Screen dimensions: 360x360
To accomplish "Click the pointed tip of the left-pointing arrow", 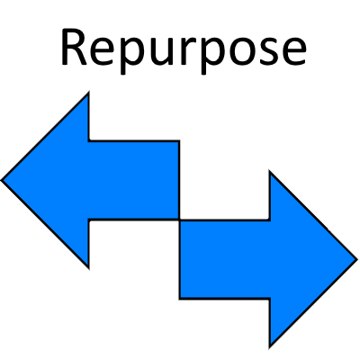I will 3,179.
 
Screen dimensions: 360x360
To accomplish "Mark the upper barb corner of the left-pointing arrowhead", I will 89,93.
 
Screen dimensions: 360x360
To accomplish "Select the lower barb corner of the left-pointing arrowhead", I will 89,266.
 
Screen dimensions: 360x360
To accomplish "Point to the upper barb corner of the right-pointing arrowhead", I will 271,172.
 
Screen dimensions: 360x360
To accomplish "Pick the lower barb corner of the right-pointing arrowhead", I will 271,346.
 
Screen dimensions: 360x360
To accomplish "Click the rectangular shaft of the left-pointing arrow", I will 134,179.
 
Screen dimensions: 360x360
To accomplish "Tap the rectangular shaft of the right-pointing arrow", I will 225,259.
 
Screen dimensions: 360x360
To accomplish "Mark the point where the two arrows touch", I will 180,220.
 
